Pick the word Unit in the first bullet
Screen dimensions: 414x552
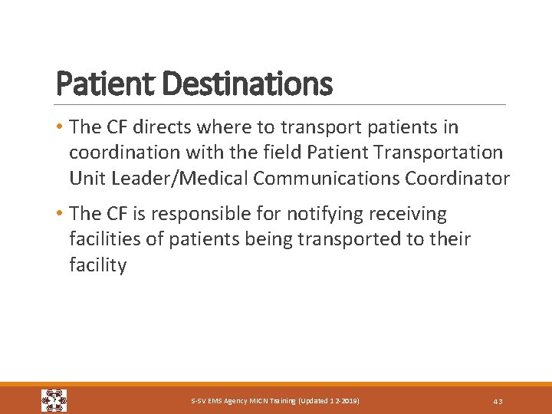(85, 179)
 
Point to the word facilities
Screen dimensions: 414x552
(102, 240)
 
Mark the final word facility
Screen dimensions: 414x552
(97, 266)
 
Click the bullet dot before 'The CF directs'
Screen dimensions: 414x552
(61, 127)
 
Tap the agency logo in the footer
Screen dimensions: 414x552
(54, 400)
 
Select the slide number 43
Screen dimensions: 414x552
(498, 401)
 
